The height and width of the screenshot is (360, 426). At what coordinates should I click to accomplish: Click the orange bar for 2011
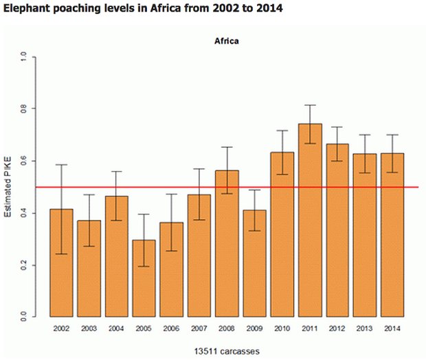(311, 220)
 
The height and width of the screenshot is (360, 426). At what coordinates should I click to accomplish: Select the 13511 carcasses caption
(227, 351)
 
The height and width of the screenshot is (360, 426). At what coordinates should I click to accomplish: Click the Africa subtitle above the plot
(227, 41)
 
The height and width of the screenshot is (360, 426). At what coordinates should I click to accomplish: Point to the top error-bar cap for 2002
(62, 165)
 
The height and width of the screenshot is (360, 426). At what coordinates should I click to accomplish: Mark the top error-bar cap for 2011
(311, 105)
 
